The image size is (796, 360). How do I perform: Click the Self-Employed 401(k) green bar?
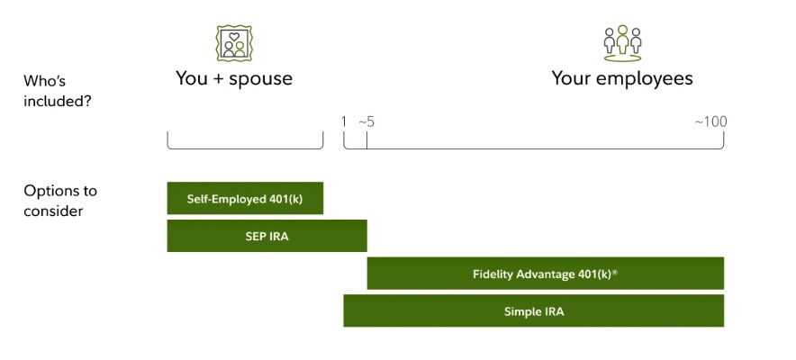[245, 198]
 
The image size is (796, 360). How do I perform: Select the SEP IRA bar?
[267, 236]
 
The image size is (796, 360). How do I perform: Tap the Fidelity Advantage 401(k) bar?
[545, 274]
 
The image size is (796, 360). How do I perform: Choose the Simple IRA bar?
[533, 311]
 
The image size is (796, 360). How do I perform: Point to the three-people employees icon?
[622, 41]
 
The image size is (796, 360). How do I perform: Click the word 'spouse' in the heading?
[262, 79]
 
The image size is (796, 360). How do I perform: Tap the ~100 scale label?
[710, 121]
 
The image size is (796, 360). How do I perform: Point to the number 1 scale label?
[344, 121]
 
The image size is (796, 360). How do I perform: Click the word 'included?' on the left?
[58, 101]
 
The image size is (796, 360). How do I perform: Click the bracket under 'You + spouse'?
[245, 147]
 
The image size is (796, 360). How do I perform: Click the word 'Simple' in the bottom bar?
[522, 311]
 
